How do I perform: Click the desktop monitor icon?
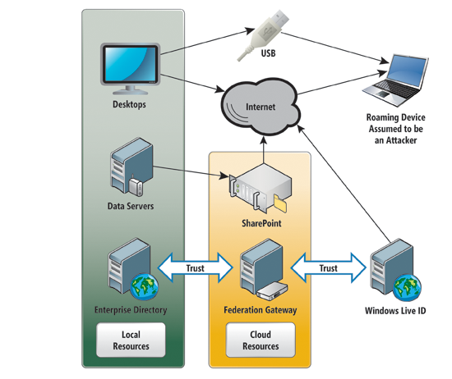130,68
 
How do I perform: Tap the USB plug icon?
263,35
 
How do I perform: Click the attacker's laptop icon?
395,80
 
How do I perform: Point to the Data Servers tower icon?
131,167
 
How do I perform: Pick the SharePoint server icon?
260,189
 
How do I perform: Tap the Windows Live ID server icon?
395,270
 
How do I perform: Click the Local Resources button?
131,340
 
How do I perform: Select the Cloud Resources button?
261,340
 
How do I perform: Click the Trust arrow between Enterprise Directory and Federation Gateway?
195,268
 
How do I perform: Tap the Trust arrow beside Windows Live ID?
329,268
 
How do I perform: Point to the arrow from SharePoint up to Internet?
264,150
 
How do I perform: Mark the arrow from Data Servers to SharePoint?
191,171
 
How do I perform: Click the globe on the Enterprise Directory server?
144,287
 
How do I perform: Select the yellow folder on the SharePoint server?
280,203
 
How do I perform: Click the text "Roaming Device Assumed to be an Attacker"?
396,129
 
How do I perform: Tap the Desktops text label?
129,104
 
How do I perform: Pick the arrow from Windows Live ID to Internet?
344,184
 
